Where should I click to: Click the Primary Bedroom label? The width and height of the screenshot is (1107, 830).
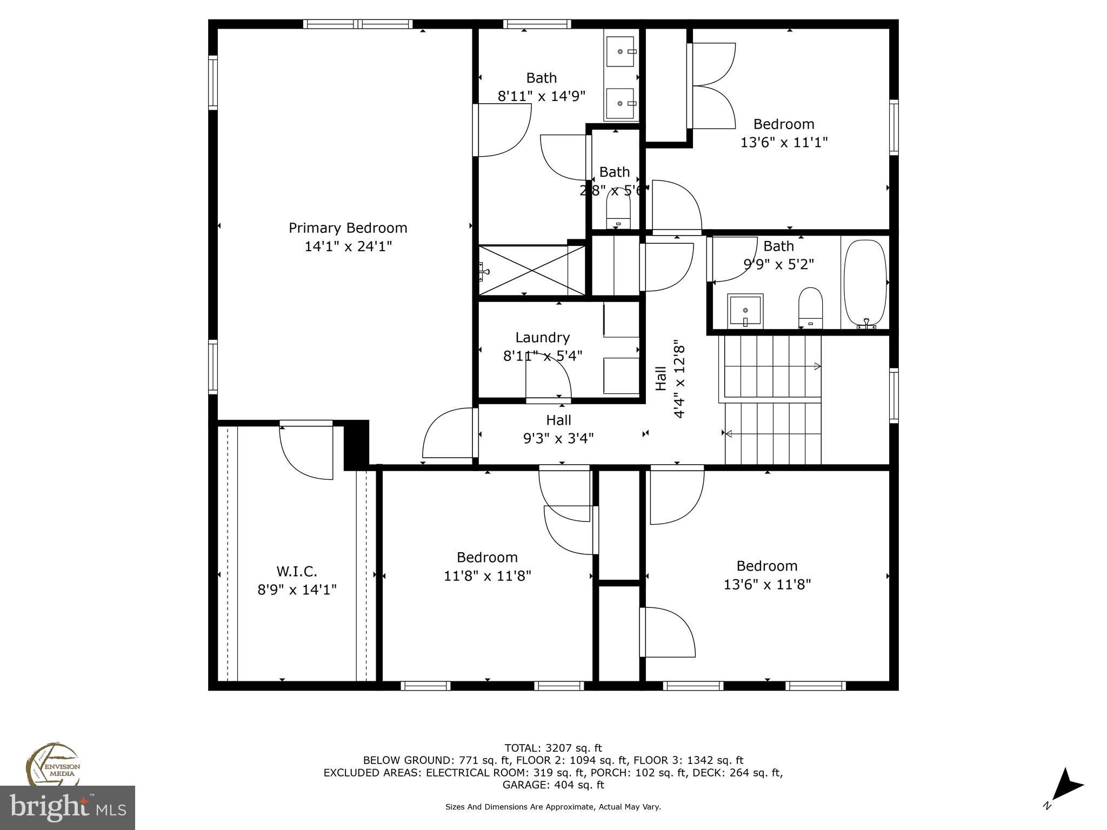coord(348,228)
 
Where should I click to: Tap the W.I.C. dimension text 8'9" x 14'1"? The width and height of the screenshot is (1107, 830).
coord(297,590)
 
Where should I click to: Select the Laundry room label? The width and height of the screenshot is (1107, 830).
coord(542,338)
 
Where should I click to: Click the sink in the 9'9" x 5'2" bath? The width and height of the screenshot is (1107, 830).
coord(745,311)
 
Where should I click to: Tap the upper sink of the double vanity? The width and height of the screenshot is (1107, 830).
coord(621,51)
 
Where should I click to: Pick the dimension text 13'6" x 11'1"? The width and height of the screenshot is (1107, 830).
coord(784,143)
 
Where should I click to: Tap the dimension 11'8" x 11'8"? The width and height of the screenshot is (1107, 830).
coord(487,576)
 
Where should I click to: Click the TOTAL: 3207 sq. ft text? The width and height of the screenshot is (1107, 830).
coord(553,748)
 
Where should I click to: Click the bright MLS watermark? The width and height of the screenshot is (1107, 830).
coord(67,808)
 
